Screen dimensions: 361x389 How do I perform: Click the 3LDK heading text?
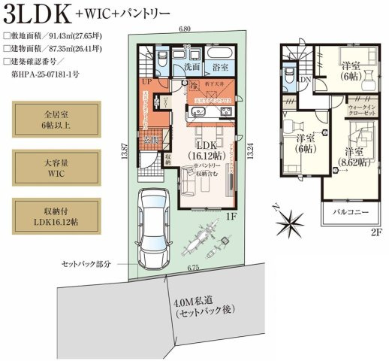pyautogui.click(x=39, y=14)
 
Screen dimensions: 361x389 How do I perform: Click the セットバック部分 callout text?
pyautogui.click(x=86, y=265)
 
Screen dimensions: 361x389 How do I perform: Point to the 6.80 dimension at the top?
pyautogui.click(x=184, y=29)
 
